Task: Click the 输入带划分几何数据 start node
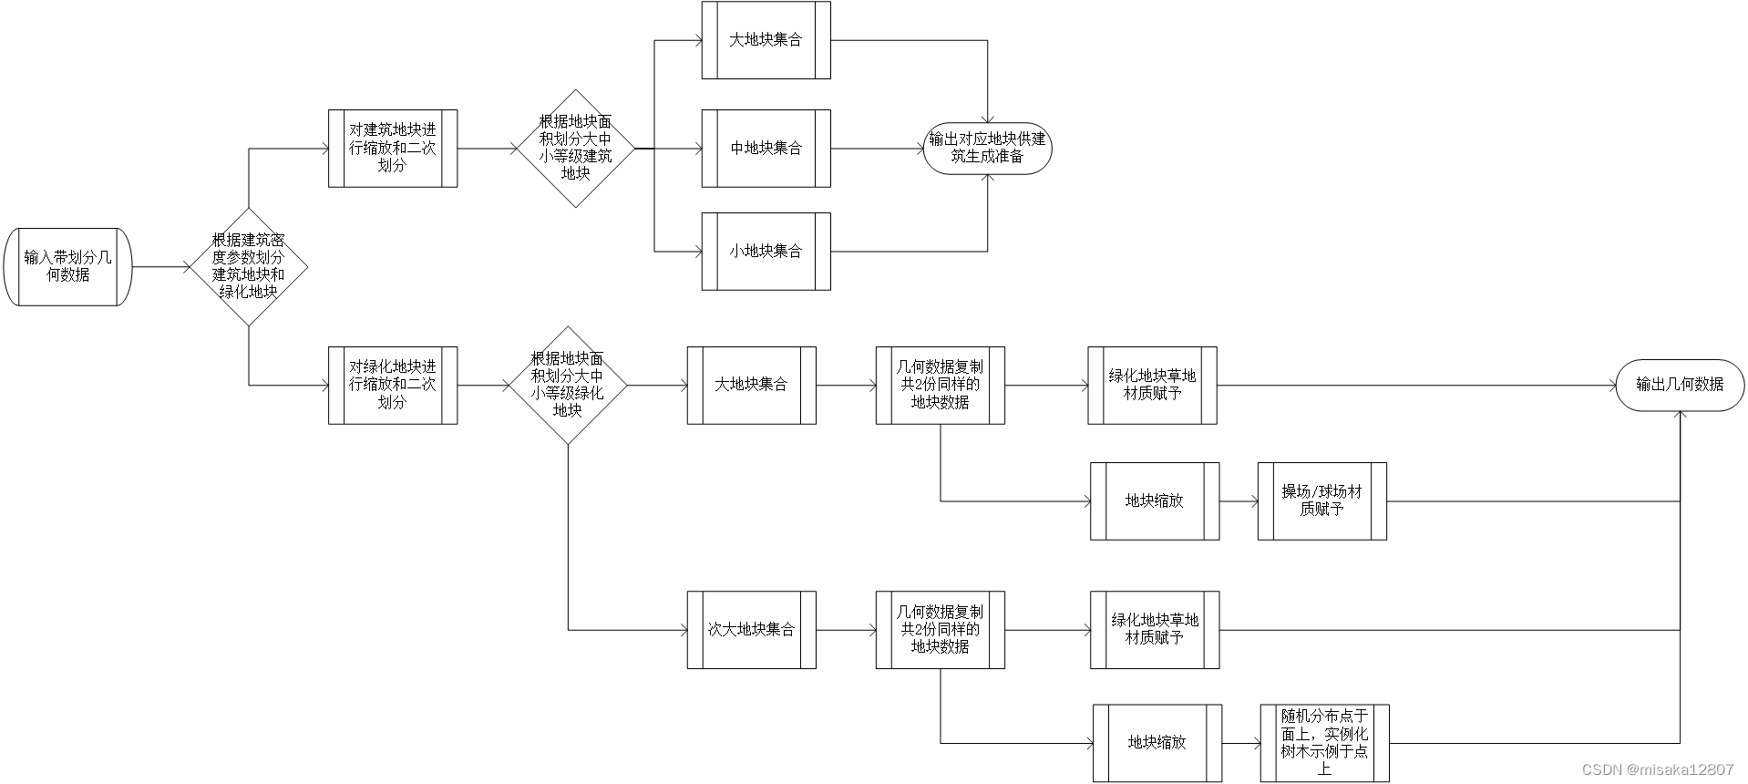68,266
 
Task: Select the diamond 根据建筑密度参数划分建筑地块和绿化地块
249,266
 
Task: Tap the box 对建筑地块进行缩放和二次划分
393,149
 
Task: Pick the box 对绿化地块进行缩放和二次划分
393,385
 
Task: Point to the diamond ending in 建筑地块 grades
575,148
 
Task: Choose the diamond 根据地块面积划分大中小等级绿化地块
568,385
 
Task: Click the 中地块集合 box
766,149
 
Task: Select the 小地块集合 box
766,252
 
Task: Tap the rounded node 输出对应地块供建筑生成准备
988,149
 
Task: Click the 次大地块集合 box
751,630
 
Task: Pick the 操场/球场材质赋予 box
1321,500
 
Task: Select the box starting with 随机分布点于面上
1324,743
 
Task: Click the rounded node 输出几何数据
1680,385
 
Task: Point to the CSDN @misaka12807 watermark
1657,770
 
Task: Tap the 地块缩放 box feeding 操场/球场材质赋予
1155,500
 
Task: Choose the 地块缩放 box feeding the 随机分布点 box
1157,743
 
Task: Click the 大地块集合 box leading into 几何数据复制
751,385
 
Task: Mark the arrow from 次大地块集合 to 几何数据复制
846,630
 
